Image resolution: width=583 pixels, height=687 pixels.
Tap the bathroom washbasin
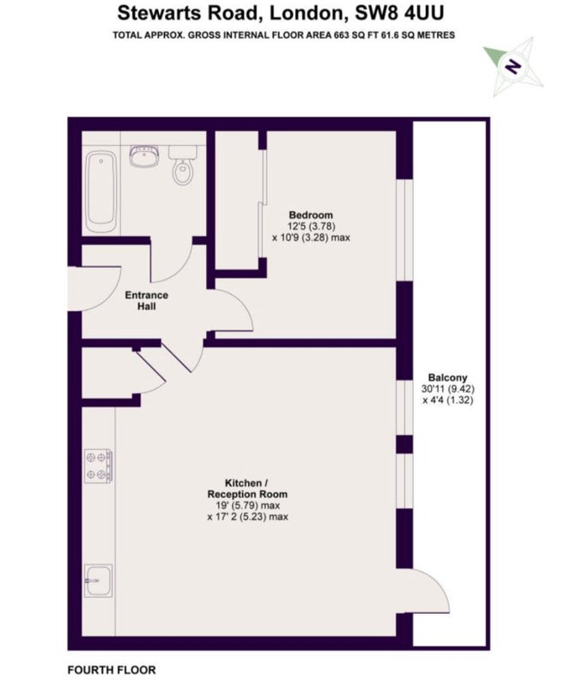[144, 156]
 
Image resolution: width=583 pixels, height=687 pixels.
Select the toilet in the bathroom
[182, 165]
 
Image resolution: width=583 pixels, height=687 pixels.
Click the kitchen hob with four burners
[98, 466]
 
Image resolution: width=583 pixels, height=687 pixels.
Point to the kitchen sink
[98, 581]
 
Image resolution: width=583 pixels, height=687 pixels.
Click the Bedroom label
[311, 215]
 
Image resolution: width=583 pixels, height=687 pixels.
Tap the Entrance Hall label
[147, 301]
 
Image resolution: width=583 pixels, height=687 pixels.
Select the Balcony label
[447, 377]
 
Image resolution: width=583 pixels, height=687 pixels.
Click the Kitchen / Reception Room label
[247, 489]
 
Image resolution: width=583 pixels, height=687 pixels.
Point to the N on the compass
[512, 66]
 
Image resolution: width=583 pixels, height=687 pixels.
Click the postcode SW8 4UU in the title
[399, 13]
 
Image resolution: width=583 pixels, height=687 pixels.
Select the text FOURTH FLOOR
[112, 670]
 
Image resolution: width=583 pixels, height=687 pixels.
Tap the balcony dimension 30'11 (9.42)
[448, 389]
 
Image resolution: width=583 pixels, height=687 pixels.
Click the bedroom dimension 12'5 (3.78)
[311, 226]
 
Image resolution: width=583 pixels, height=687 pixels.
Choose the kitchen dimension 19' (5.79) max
[247, 505]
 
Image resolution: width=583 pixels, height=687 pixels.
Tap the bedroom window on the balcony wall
[404, 230]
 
